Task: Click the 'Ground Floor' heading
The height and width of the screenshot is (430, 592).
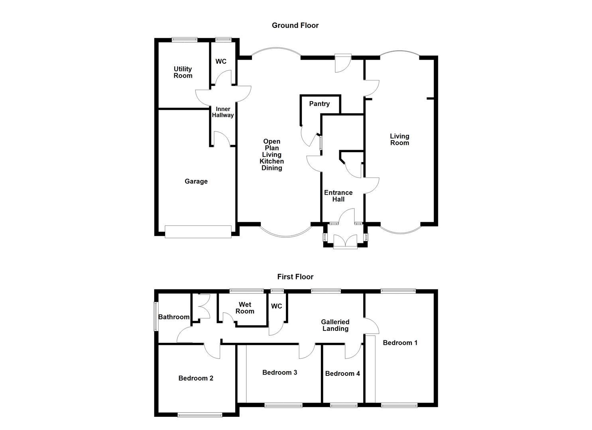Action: [295, 25]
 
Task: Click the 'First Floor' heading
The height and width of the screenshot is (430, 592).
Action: [295, 277]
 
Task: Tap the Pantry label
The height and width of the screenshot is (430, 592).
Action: [319, 104]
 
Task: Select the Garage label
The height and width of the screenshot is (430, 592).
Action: [196, 182]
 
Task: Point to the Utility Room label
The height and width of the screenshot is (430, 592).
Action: [183, 72]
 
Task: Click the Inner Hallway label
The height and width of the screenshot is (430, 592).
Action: [223, 112]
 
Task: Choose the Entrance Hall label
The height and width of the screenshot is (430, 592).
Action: [338, 196]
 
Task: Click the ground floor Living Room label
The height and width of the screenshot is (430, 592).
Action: [399, 140]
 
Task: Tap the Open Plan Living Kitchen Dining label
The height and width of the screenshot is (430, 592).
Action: [271, 154]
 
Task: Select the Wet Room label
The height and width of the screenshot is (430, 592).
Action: [244, 308]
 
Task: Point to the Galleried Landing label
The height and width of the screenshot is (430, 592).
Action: [335, 325]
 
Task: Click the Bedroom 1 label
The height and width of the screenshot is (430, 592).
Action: [400, 343]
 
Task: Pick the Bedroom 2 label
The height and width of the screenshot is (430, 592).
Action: [196, 378]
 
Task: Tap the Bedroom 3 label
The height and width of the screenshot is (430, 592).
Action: [279, 373]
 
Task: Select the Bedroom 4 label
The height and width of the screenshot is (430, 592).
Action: [342, 373]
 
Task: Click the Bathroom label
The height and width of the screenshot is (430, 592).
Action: [174, 317]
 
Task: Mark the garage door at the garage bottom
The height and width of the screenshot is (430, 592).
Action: [198, 232]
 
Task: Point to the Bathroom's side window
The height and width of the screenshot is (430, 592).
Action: [156, 316]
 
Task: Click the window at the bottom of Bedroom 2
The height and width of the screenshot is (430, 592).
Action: [200, 415]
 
